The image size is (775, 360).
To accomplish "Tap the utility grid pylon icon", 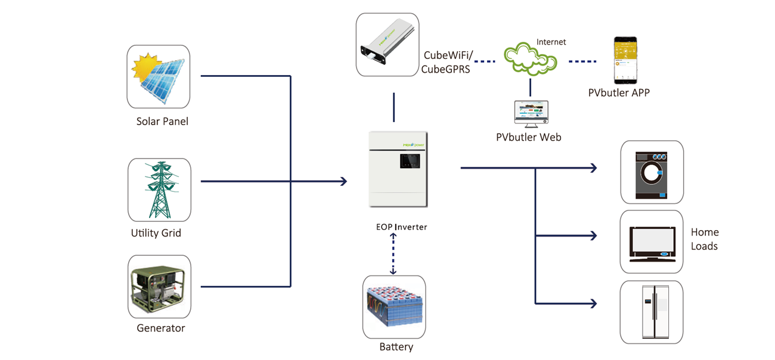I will (159, 190).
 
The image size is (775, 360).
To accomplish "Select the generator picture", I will (159, 287).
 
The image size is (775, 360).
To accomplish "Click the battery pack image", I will (394, 306).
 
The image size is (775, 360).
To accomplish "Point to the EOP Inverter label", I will (401, 227).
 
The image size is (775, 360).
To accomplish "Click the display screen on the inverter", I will (409, 160).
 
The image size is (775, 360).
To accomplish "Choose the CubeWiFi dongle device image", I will (387, 45).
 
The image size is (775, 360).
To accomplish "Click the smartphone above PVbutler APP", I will (626, 61).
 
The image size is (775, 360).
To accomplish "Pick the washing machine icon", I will (652, 172).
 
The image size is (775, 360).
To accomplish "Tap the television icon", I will (652, 241).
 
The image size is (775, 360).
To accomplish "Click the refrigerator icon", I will (652, 312).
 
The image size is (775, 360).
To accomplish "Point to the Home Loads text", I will (705, 239).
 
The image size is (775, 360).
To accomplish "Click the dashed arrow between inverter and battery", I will (393, 253).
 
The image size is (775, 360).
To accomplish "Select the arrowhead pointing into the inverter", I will (344, 181).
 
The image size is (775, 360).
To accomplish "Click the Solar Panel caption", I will (162, 122).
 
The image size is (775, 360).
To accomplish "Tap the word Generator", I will (161, 328).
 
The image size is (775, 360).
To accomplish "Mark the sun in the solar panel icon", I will (145, 67).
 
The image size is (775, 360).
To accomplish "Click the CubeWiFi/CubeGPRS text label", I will (448, 62).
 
